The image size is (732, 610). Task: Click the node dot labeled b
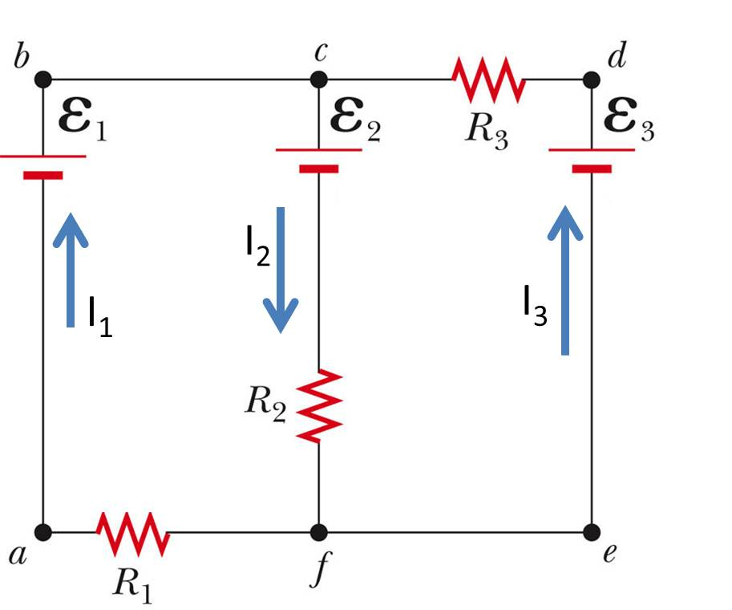pos(43,79)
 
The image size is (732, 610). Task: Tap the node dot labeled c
pos(318,79)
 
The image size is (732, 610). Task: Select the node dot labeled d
pos(592,79)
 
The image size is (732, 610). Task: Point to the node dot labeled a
pos(43,531)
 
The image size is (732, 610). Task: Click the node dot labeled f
pos(318,531)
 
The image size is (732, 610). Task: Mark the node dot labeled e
pos(592,531)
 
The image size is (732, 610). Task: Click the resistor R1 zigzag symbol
pos(132,532)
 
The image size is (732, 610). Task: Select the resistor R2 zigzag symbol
pos(319,405)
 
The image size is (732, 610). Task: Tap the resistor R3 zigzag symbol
pos(487,79)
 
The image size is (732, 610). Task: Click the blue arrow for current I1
pos(71,269)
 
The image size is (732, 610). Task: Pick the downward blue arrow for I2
pos(281,269)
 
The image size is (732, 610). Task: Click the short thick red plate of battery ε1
pos(42,174)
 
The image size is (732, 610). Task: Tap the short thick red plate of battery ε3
pos(592,169)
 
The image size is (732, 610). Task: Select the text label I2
pos(257,246)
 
